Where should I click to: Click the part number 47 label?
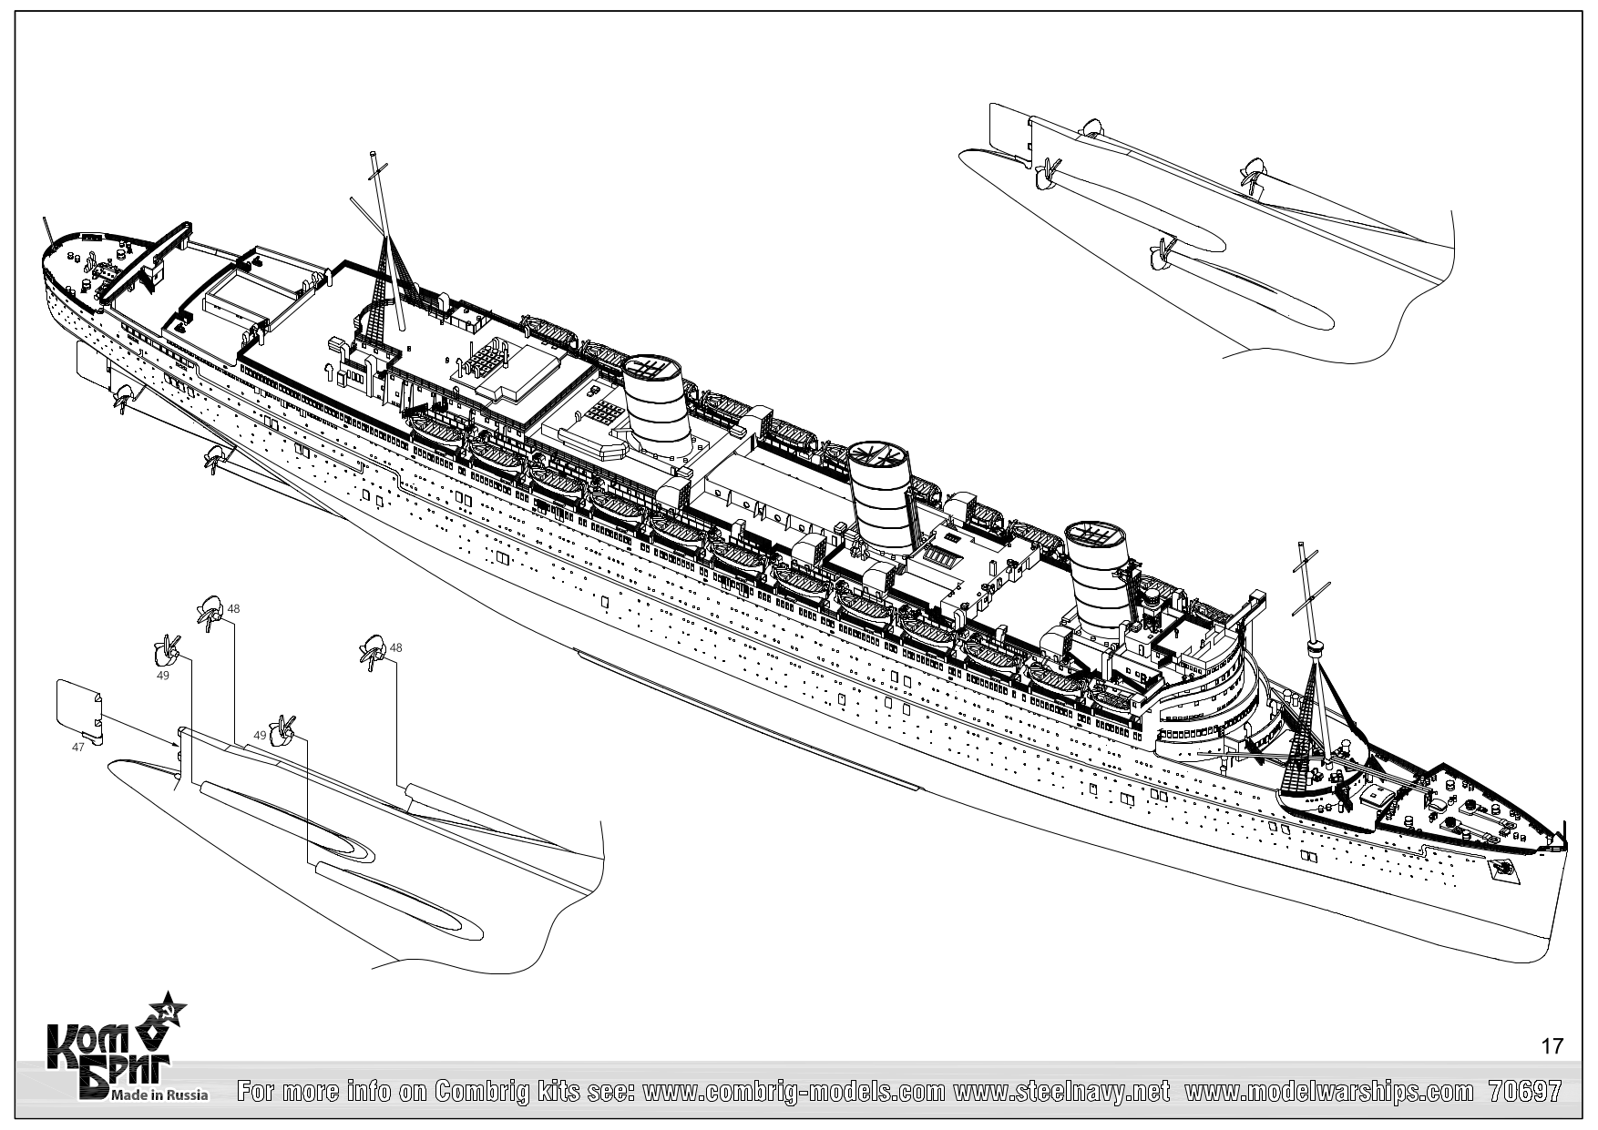[77, 747]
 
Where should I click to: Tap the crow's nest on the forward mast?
[1314, 647]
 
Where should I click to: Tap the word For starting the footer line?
[260, 1091]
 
